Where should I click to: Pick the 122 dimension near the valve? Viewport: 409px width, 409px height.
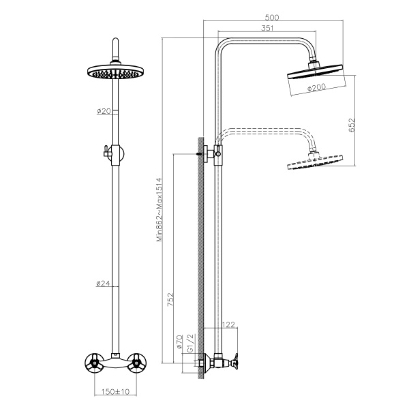230,324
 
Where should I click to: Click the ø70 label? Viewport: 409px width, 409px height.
179,341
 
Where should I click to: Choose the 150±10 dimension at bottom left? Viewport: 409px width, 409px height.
115,391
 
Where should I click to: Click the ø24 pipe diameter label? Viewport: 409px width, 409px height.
104,284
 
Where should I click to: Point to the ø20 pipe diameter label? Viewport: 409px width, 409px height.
104,111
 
